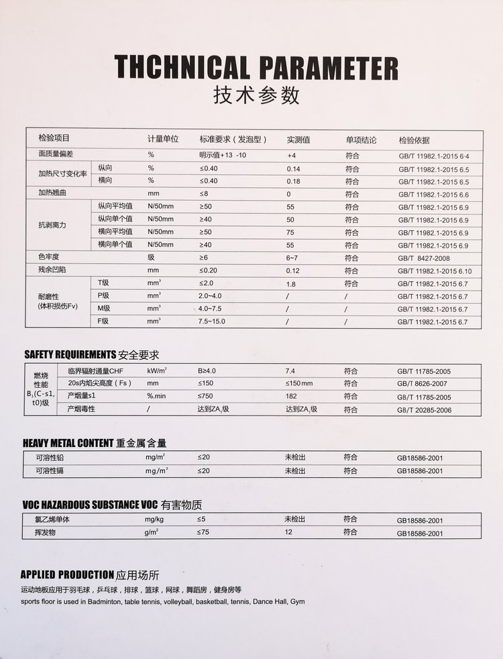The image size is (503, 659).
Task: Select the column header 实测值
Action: point(298,140)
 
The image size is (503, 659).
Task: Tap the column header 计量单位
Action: point(163,140)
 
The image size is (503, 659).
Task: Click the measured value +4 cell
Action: point(292,155)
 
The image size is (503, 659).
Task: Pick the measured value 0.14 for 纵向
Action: point(293,168)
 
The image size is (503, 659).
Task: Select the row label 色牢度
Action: point(50,257)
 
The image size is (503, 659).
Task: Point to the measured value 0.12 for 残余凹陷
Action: point(293,270)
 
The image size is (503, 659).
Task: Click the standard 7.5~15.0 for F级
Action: point(212,322)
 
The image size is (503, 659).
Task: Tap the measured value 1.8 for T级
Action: point(290,284)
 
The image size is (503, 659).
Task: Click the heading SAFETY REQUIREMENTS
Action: point(70,354)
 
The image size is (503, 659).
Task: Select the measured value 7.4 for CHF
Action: point(290,370)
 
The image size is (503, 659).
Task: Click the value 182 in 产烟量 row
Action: point(291,397)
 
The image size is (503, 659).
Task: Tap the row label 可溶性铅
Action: point(50,458)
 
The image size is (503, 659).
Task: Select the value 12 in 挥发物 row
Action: point(289,532)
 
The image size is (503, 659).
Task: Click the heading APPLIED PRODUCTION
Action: point(67,574)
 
